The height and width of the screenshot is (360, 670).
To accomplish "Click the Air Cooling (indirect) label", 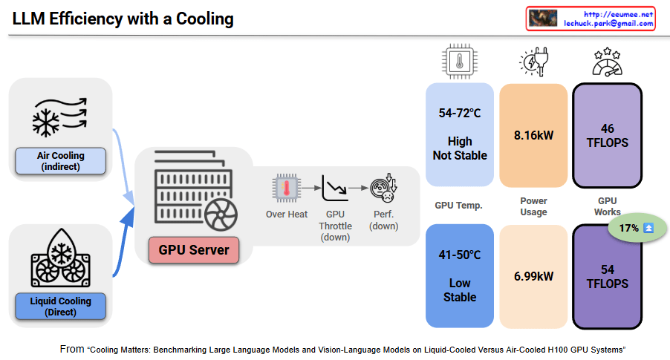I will pyautogui.click(x=61, y=161).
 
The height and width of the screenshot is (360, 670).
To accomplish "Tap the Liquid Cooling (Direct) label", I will pyautogui.click(x=61, y=307).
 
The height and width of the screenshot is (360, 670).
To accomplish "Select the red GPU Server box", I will pyautogui.click(x=193, y=249).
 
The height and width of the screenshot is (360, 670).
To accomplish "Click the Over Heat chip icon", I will pyautogui.click(x=287, y=189).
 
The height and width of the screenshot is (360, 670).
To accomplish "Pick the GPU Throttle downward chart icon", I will pyautogui.click(x=334, y=189).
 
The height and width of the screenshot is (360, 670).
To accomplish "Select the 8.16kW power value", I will pyautogui.click(x=533, y=136).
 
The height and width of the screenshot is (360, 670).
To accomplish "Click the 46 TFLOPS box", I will pyautogui.click(x=607, y=135).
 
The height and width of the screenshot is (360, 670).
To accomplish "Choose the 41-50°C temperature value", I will pyautogui.click(x=460, y=255).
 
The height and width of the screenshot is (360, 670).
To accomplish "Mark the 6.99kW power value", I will pyautogui.click(x=533, y=276).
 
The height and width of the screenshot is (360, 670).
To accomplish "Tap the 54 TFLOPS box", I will pyautogui.click(x=607, y=276).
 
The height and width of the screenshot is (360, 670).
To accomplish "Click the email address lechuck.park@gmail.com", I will pyautogui.click(x=608, y=24).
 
